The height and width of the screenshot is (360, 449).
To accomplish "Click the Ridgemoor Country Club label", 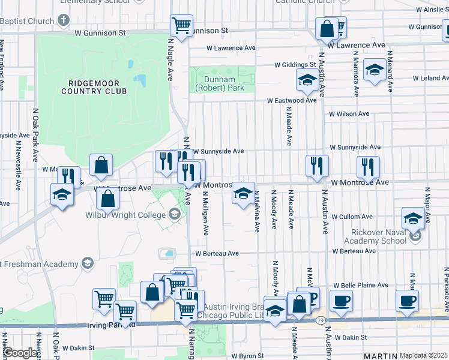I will pyautogui.click(x=97, y=87).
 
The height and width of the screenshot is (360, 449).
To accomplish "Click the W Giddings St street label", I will pyautogui.click(x=295, y=64).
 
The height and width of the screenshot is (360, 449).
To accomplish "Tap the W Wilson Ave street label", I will pyautogui.click(x=349, y=114).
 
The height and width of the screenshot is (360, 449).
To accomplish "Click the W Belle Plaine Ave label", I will pyautogui.click(x=361, y=285).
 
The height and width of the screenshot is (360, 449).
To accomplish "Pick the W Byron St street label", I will pyautogui.click(x=247, y=356).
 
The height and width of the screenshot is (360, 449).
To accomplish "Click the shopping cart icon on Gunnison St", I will pyautogui.click(x=181, y=25).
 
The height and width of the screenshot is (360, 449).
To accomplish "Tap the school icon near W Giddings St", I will pyautogui.click(x=307, y=80).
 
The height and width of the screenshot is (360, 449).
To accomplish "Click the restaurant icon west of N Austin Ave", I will pyautogui.click(x=317, y=166).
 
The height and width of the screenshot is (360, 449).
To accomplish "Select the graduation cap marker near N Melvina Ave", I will pyautogui.click(x=243, y=193).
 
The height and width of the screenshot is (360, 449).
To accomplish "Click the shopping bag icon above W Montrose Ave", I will pyautogui.click(x=101, y=165).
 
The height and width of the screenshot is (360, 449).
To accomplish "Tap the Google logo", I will pyautogui.click(x=21, y=353).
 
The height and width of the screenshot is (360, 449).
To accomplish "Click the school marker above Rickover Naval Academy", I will pyautogui.click(x=413, y=217).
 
